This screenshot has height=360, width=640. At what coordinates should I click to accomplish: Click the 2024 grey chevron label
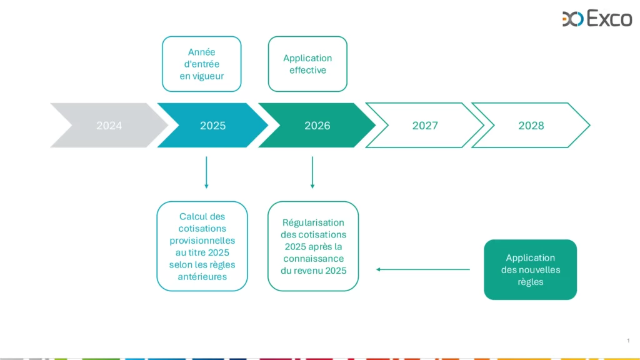[109, 126]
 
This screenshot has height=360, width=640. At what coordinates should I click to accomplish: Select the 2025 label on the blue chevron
[212, 126]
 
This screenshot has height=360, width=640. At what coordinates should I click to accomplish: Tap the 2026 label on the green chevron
[317, 126]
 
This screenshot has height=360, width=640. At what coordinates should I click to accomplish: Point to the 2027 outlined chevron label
[425, 126]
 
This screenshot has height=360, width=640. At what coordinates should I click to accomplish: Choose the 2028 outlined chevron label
[531, 126]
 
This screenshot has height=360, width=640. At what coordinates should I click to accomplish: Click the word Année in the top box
[202, 52]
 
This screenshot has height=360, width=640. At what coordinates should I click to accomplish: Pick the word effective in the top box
[307, 70]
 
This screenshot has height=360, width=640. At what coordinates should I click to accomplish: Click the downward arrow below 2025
[206, 172]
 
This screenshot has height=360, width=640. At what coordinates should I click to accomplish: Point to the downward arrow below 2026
[312, 172]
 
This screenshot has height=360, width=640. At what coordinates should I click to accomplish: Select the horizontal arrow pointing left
[423, 269]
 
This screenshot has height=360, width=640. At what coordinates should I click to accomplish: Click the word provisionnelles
[202, 241]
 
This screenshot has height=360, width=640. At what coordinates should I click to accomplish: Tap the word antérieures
[202, 277]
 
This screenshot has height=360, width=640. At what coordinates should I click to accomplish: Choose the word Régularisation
[314, 223]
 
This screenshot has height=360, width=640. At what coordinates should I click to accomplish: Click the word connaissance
[314, 259]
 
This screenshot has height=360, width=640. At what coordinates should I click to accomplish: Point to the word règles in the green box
[531, 282]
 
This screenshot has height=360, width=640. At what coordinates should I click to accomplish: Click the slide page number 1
[628, 341]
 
